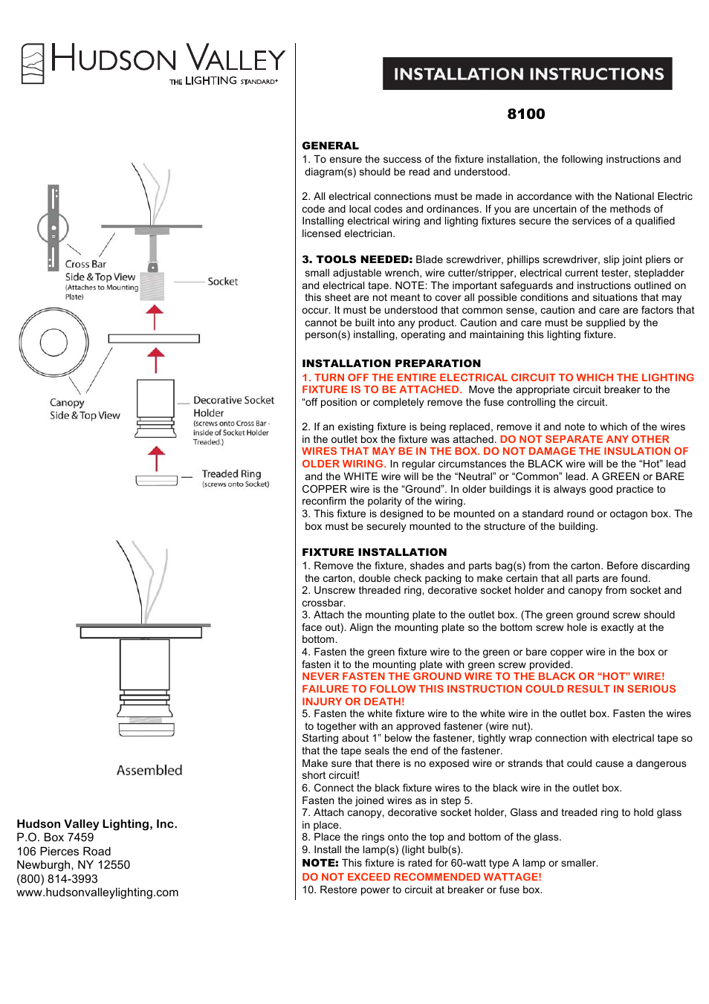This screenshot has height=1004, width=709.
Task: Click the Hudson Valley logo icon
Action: click(33, 63)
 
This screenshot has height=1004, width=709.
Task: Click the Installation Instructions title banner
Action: click(528, 74)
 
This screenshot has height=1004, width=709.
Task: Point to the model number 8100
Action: click(526, 114)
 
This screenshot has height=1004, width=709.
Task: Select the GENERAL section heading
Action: click(330, 146)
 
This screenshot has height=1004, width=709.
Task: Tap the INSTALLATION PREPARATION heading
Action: click(391, 363)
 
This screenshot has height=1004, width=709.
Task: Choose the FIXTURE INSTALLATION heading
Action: click(374, 552)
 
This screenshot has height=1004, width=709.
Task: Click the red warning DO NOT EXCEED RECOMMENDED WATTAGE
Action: click(421, 877)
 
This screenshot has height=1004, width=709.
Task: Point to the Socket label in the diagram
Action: click(223, 282)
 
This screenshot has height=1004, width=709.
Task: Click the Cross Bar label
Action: click(85, 264)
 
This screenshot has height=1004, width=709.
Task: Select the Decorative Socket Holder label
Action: click(233, 407)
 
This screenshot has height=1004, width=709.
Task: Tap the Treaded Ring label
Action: click(231, 473)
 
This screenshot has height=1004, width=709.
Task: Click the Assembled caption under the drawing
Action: click(149, 771)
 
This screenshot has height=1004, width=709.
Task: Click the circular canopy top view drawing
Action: click(54, 343)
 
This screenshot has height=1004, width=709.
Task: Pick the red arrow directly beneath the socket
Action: click(155, 317)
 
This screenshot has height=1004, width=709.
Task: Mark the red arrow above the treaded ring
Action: click(156, 458)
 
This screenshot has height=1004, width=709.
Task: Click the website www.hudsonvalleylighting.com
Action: click(97, 893)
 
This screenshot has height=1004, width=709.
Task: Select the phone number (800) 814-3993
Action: click(57, 878)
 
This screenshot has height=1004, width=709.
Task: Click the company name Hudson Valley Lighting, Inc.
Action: click(97, 824)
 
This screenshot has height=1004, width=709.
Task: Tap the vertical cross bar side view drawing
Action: click(54, 227)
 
